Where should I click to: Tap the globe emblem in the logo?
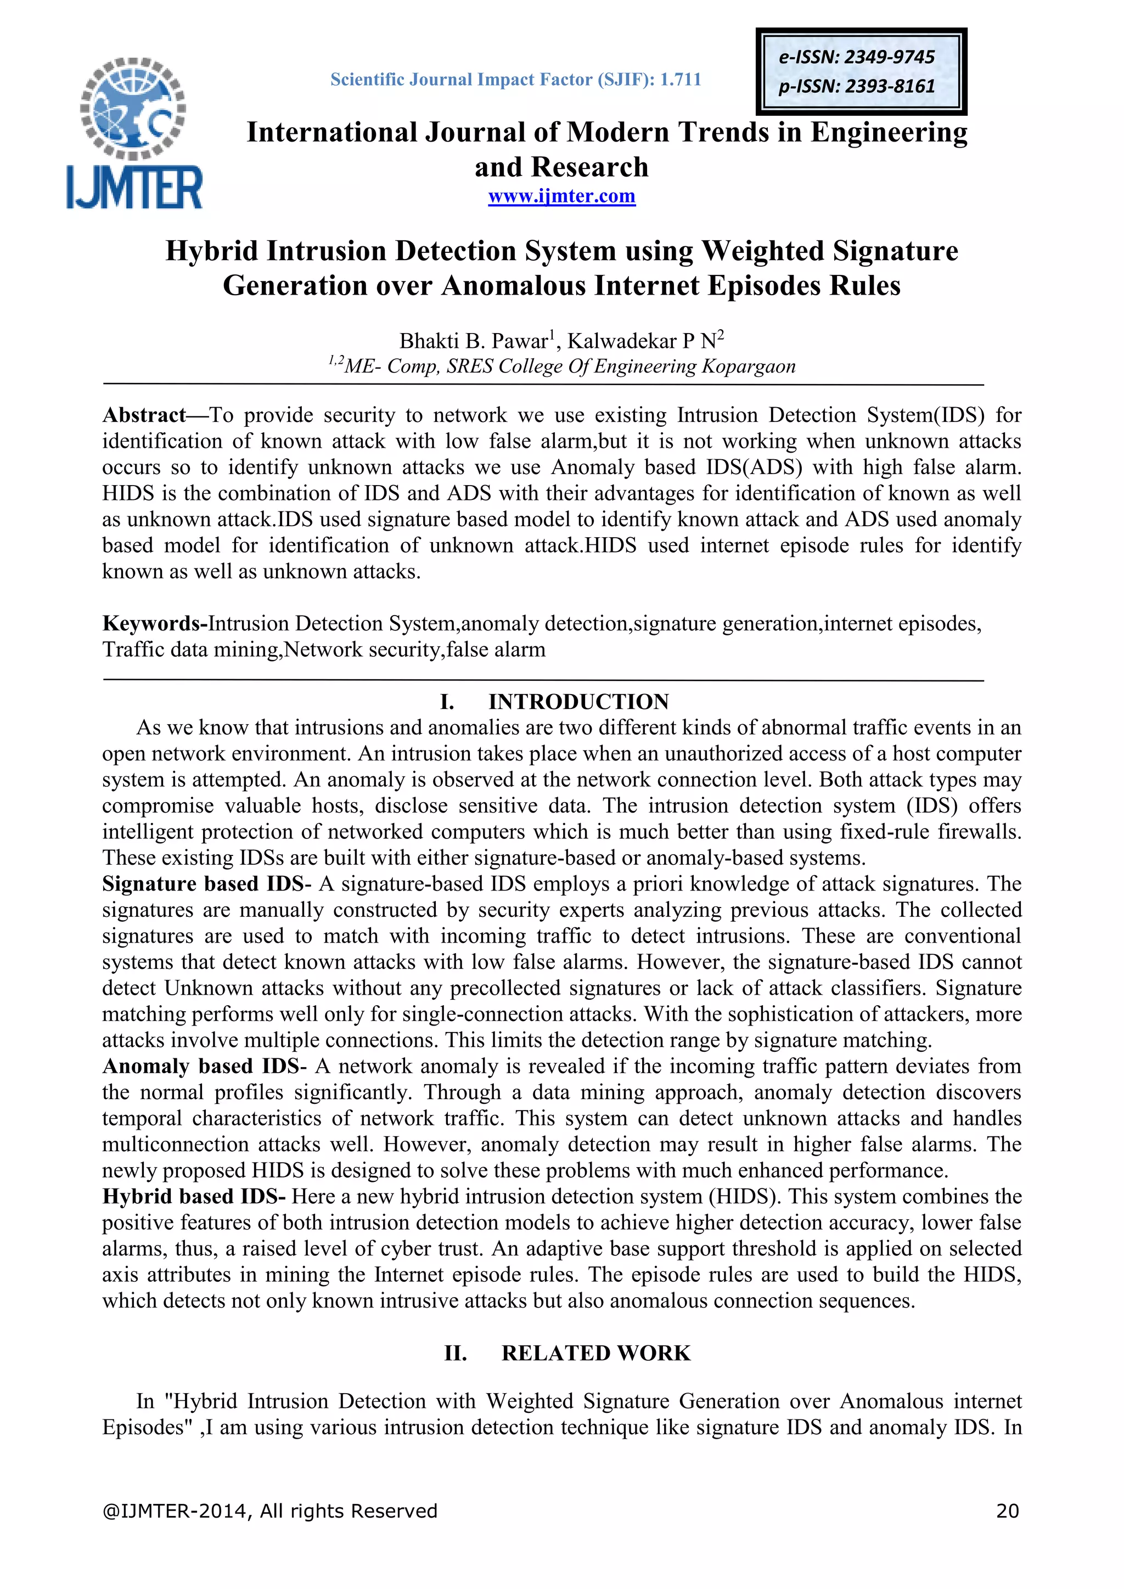click(x=133, y=108)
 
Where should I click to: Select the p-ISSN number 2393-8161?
click(x=890, y=87)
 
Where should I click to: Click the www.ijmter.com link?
click(x=561, y=196)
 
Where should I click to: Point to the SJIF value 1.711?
click(x=681, y=80)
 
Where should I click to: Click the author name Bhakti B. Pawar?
click(x=474, y=341)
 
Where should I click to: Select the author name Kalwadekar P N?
click(x=641, y=341)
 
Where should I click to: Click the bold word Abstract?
click(x=144, y=415)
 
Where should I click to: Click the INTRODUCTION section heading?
click(x=578, y=702)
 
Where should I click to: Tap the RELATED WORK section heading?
click(x=596, y=1353)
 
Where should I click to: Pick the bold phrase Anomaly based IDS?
click(x=201, y=1066)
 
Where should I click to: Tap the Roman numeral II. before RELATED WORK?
click(x=456, y=1353)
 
